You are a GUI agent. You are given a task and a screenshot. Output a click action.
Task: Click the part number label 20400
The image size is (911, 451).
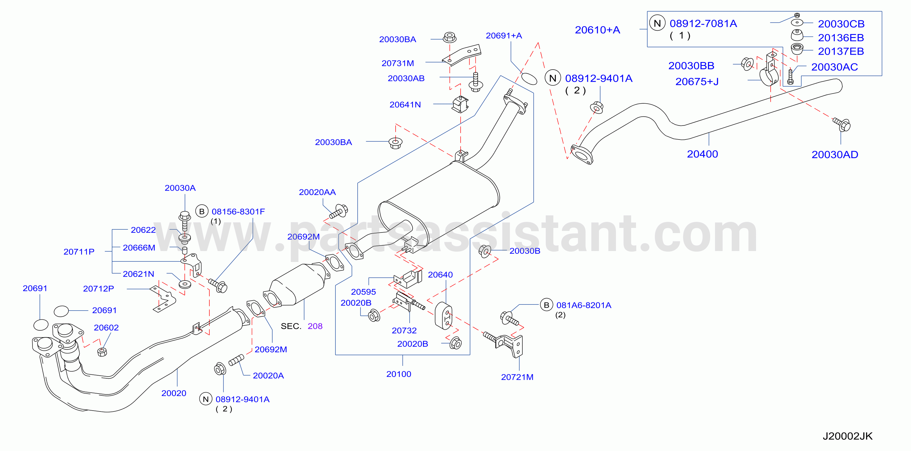coord(702,154)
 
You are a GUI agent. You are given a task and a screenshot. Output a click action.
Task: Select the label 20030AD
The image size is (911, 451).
coord(835,155)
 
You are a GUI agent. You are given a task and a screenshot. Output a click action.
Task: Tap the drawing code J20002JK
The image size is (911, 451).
coord(847,436)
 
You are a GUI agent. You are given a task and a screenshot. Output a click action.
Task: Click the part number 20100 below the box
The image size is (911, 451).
coord(399,374)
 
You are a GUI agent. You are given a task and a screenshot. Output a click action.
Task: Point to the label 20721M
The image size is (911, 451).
coord(517,377)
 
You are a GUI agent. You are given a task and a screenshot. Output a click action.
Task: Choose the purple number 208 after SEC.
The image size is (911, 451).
coord(315,326)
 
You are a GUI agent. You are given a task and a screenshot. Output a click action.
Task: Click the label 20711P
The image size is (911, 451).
coord(79,252)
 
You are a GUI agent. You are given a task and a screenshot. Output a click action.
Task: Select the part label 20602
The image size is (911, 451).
coord(106,328)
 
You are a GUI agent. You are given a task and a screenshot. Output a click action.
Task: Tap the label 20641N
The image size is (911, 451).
coord(405,105)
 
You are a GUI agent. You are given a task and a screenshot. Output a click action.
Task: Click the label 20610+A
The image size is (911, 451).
coord(597,30)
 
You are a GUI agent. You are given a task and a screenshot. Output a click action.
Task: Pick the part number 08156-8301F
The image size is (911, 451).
coord(238,212)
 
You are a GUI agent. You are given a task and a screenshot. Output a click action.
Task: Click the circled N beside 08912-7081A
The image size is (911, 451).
coord(657,23)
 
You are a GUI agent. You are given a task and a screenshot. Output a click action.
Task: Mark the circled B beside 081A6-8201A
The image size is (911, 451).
coord(546,305)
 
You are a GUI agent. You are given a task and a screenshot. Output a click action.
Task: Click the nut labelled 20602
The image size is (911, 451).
coord(102,352)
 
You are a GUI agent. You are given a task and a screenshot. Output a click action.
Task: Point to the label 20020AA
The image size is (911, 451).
coord(317,192)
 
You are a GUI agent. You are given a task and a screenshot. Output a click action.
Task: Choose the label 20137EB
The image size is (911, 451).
coord(841,51)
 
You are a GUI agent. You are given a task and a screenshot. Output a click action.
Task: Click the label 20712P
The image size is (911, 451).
coord(98,289)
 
